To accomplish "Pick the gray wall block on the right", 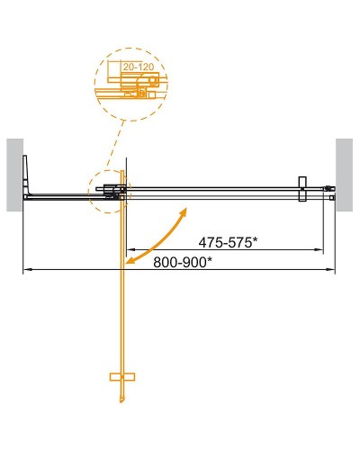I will point(346,174).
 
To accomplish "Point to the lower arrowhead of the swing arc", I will point(131,260).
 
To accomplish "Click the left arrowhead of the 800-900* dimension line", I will point(26,269).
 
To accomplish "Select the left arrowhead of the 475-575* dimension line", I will point(129,248).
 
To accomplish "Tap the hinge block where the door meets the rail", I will point(114,190).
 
